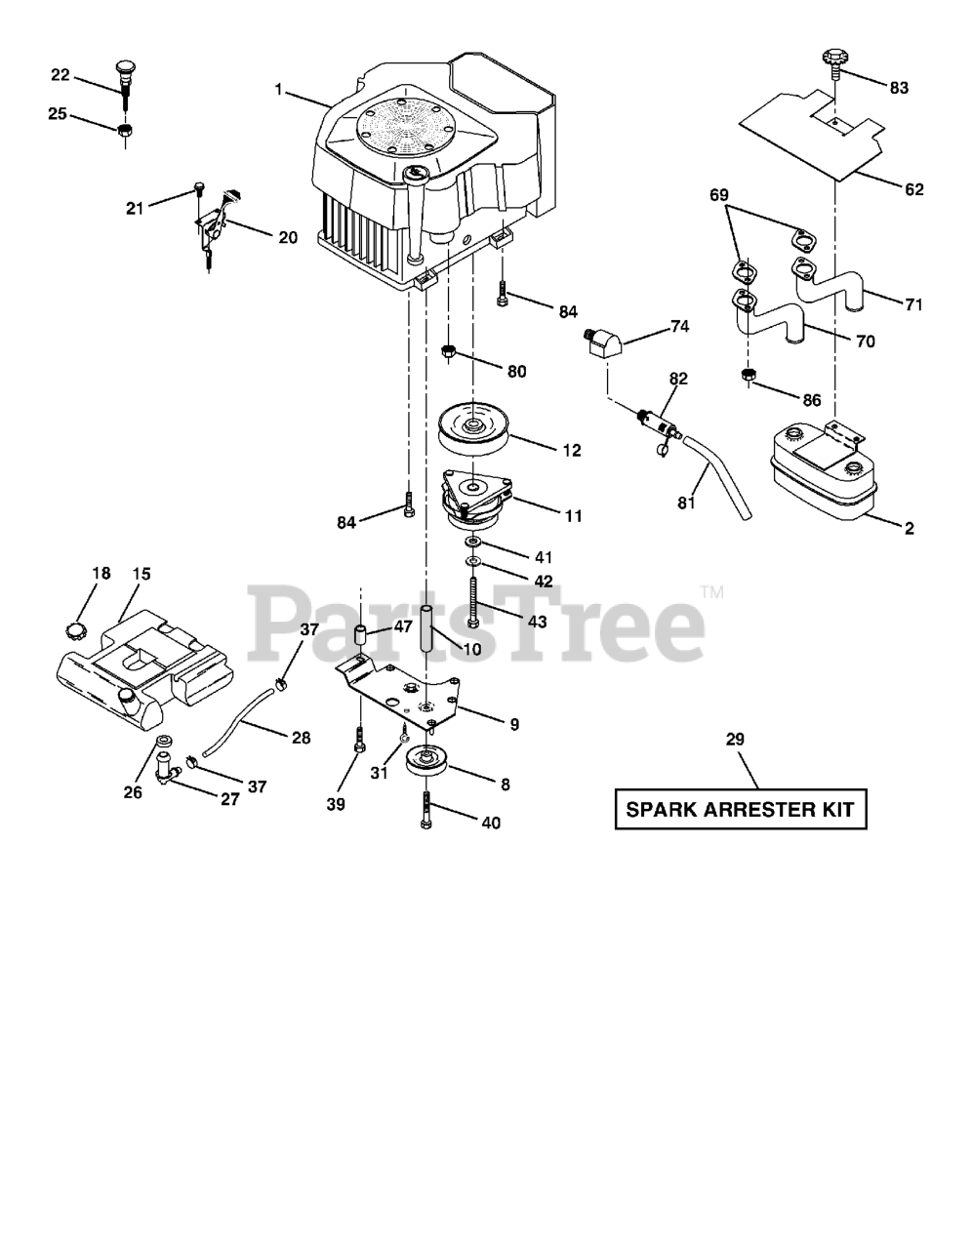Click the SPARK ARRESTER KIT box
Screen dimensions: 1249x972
pyautogui.click(x=741, y=809)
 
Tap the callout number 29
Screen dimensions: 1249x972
pyautogui.click(x=735, y=741)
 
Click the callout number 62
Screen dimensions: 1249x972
pyautogui.click(x=913, y=189)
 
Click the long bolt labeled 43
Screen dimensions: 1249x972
pyautogui.click(x=473, y=600)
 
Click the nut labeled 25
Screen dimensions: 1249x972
pyautogui.click(x=125, y=131)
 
